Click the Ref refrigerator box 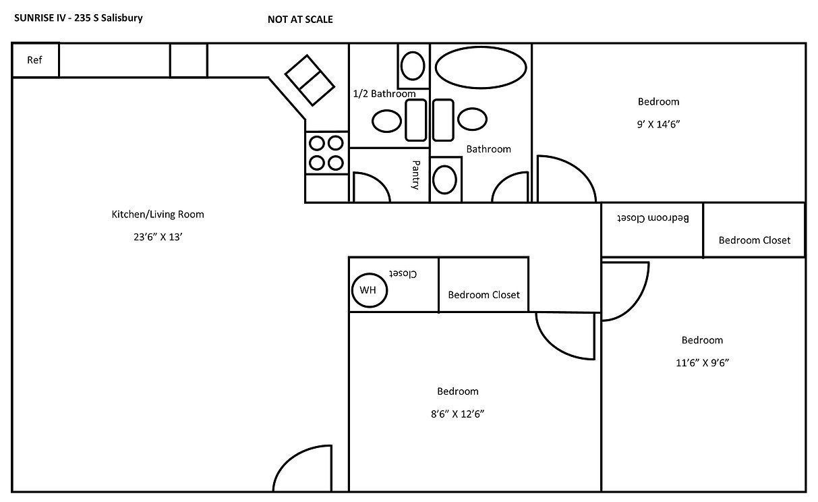[35, 60]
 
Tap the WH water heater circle [368, 290]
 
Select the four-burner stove [326, 152]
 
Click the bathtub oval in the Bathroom [480, 67]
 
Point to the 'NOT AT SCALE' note [300, 20]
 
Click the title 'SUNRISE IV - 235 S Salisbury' [78, 18]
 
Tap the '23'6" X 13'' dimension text [157, 237]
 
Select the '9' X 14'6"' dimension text [658, 124]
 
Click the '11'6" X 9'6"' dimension [702, 362]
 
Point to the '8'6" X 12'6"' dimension [457, 414]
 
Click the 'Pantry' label [416, 175]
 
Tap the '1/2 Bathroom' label [384, 94]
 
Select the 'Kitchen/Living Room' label [157, 215]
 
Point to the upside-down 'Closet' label [403, 274]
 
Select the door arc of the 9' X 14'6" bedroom [564, 179]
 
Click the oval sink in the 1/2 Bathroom [387, 121]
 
